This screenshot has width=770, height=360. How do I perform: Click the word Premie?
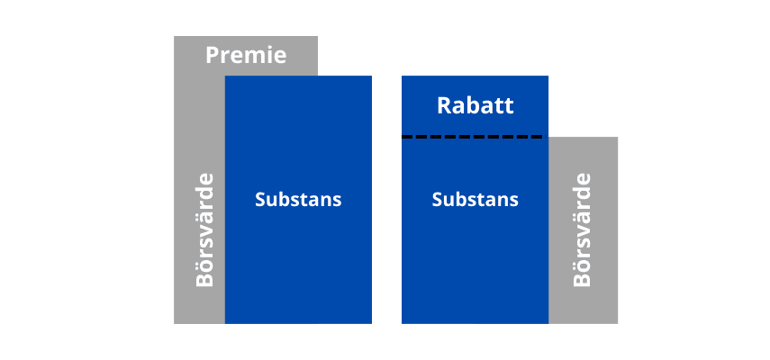246,55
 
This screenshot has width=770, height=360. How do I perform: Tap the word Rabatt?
475,105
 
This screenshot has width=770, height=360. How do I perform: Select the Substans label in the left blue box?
298,199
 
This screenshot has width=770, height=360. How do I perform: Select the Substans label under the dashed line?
475,199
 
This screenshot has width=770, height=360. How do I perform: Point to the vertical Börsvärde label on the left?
205,229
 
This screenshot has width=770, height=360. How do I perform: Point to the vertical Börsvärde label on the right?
583,229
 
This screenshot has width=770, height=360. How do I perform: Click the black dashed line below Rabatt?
472,137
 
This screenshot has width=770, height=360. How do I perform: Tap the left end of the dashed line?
404,137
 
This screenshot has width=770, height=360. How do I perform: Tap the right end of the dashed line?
540,137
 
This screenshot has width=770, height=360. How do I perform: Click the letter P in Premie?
213,55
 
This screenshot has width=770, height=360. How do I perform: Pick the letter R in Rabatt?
444,105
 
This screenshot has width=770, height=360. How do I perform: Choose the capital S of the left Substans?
260,199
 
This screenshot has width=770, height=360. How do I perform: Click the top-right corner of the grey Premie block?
317,37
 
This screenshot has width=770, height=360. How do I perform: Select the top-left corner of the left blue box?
226,76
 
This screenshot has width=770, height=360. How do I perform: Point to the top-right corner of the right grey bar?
617,138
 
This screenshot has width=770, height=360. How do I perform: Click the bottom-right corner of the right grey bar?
617,322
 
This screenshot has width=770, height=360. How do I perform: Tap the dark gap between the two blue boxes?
386,198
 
